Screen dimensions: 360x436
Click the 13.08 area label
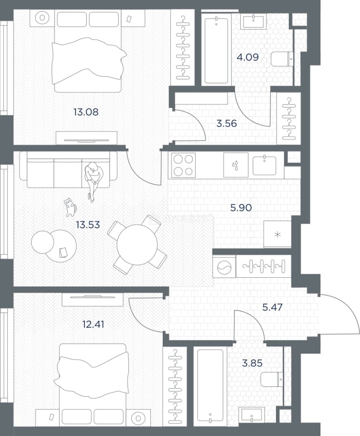[x=86, y=112]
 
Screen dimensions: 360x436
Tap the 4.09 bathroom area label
[x=247, y=57]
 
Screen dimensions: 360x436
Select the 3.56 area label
[x=226, y=123]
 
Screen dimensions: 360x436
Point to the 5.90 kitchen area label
[x=241, y=208]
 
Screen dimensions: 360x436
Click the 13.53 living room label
[x=88, y=224]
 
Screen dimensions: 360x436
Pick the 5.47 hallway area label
[x=272, y=307]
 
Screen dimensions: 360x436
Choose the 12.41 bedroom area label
[x=93, y=324]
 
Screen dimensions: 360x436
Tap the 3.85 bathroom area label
[x=252, y=363]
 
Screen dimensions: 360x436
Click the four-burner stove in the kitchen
[x=183, y=166]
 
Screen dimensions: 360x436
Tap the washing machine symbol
[x=224, y=266]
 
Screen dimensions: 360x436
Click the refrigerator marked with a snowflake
[x=277, y=234]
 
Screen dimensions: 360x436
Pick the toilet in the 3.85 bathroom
[x=272, y=379]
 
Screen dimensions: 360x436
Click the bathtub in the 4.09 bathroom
[x=217, y=50]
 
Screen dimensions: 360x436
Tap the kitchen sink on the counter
[x=264, y=166]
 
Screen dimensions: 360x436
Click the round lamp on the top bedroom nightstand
[x=42, y=18]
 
